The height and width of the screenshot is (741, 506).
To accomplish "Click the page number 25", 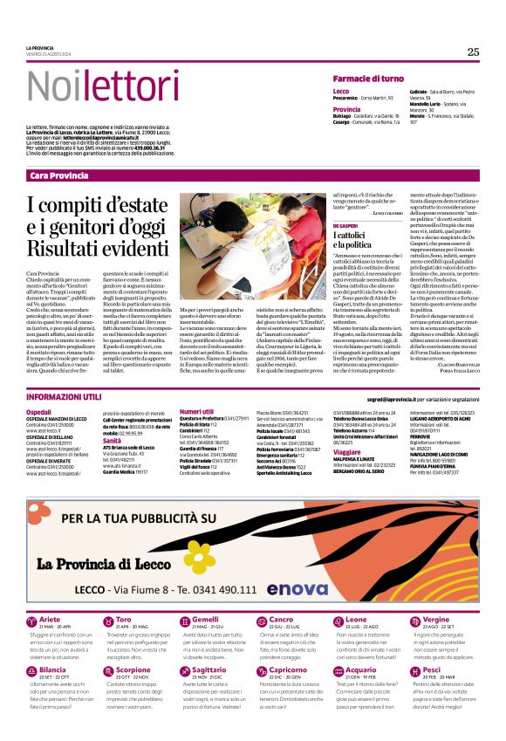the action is point(473,51).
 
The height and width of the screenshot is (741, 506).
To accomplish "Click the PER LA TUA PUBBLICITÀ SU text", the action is point(140,519).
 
